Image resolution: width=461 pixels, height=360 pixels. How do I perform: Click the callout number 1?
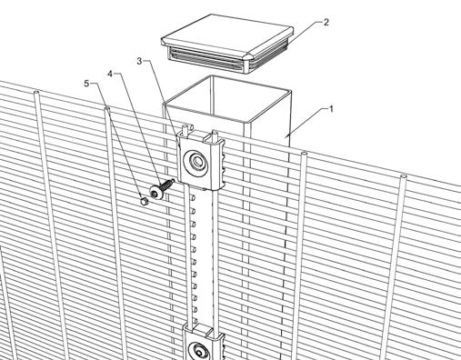331,109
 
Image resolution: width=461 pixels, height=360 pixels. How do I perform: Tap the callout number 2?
326,22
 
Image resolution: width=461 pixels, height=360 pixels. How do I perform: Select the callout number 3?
139,61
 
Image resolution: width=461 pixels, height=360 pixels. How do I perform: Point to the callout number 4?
110,74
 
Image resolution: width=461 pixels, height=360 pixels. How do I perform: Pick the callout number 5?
87,84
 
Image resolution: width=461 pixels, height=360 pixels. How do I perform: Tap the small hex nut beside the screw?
144,201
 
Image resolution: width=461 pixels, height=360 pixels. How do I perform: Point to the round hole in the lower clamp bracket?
200,352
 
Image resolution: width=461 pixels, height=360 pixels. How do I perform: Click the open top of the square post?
227,98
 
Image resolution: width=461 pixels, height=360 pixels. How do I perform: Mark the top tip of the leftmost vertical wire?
36,91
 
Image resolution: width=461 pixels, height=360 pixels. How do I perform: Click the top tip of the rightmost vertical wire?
404,176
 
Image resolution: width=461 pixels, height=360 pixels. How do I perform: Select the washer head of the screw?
156,193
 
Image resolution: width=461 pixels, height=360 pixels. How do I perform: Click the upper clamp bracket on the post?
202,162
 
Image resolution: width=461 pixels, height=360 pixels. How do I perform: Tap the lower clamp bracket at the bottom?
204,344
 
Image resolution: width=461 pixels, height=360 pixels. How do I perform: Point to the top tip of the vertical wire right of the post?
304,154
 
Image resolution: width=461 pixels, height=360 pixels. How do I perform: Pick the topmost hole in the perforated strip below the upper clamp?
192,197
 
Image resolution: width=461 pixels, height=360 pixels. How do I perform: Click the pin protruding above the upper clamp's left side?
184,130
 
